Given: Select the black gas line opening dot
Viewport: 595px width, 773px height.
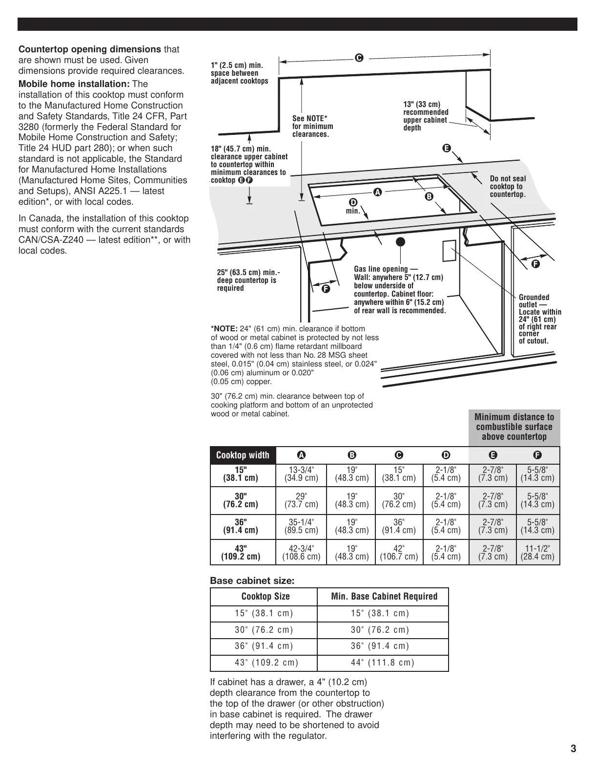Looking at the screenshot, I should [x=400, y=240].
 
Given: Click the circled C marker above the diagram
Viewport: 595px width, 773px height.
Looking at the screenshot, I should [x=358, y=58].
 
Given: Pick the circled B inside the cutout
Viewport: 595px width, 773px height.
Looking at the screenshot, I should [x=429, y=196].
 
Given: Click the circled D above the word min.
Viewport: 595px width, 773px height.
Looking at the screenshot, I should [x=353, y=202].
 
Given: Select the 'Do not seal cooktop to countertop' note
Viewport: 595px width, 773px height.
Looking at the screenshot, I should [x=508, y=187].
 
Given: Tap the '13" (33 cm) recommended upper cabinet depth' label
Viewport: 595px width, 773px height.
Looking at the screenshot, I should [x=426, y=116].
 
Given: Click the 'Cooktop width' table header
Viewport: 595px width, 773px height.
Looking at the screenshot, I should [x=243, y=455].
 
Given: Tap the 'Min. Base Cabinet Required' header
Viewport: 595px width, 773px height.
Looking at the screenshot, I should [x=382, y=597].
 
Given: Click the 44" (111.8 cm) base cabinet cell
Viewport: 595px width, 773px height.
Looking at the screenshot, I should [x=382, y=663].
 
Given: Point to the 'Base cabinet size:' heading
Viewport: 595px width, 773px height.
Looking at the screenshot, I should [x=252, y=581].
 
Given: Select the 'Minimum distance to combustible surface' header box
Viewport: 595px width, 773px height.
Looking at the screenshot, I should [x=514, y=427].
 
